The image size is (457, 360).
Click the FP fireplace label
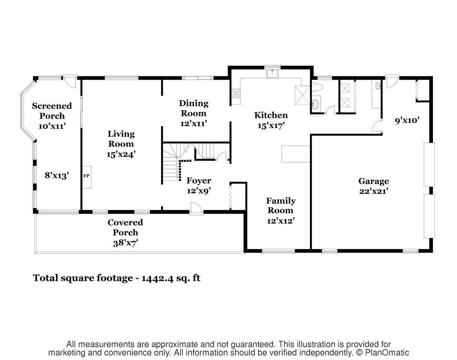(x=86, y=176)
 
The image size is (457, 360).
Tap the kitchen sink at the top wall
(x=272, y=74)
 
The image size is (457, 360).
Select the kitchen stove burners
(x=236, y=93)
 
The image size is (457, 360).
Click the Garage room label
(x=374, y=181)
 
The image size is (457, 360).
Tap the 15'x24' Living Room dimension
(x=121, y=154)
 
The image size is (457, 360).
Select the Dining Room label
(x=194, y=108)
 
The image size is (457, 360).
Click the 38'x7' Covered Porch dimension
(x=125, y=243)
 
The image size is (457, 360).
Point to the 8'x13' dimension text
(x=57, y=176)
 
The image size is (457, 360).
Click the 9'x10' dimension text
(x=407, y=121)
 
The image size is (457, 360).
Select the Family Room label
(x=281, y=205)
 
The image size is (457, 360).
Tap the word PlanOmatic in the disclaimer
(x=387, y=352)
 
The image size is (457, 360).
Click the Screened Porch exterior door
(x=70, y=81)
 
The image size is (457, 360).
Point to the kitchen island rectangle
(x=296, y=154)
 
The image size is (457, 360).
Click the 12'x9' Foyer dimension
(x=199, y=191)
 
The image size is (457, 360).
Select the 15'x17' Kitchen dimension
(x=271, y=126)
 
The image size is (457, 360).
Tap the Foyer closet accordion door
(x=231, y=197)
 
